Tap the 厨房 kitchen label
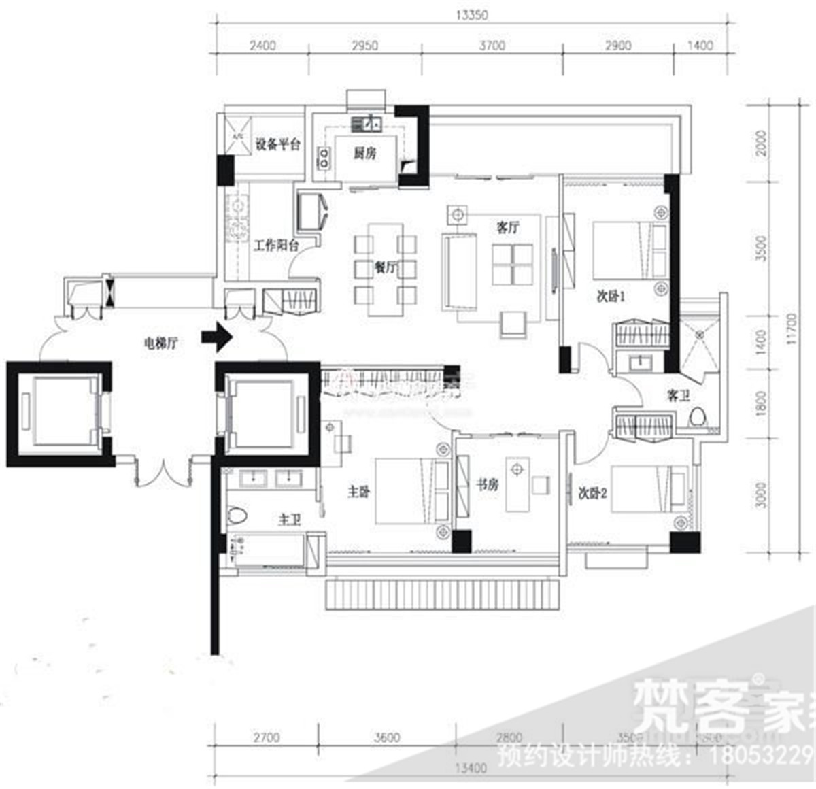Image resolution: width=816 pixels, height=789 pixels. tap(364, 154)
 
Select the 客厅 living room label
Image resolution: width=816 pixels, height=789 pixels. tap(507, 227)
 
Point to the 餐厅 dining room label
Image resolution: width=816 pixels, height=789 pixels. tap(385, 267)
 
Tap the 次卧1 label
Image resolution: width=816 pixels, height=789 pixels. tap(611, 297)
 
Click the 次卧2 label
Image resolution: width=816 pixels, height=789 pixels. tap(592, 493)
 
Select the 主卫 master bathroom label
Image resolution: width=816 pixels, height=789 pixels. tap(289, 520)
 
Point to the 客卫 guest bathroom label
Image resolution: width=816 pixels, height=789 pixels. tap(677, 396)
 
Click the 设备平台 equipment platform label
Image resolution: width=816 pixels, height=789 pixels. tap(277, 145)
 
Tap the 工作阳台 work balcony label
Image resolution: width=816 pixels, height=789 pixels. tap(276, 246)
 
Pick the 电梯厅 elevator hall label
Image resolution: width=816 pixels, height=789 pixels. tap(160, 343)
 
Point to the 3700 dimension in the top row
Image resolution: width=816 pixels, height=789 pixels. tap(492, 46)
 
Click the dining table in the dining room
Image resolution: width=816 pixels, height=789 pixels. tap(385, 269)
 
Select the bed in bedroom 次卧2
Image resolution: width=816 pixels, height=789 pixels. tap(649, 487)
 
